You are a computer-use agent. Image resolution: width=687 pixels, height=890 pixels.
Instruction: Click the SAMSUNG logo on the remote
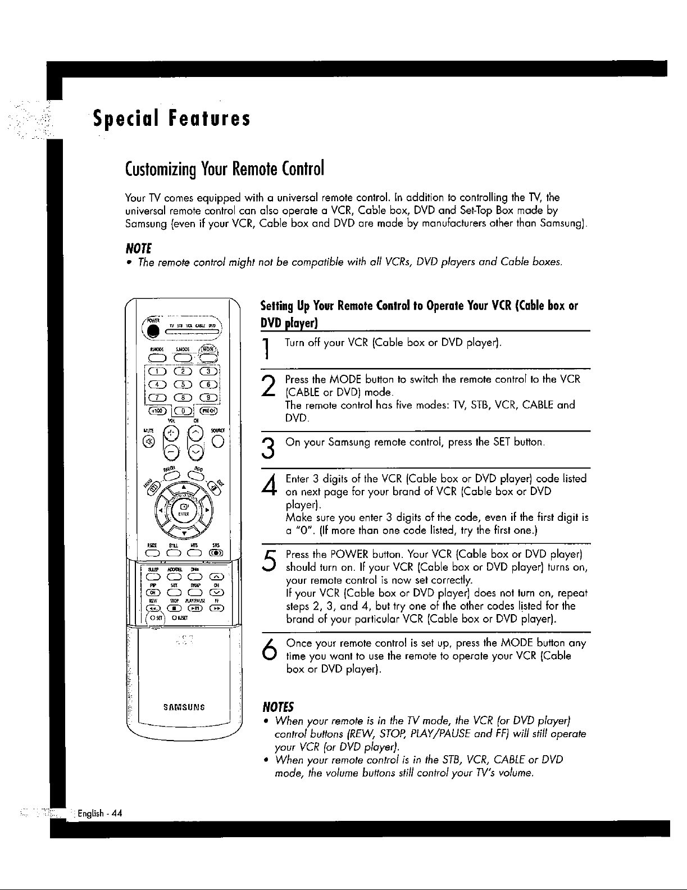coord(183,707)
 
